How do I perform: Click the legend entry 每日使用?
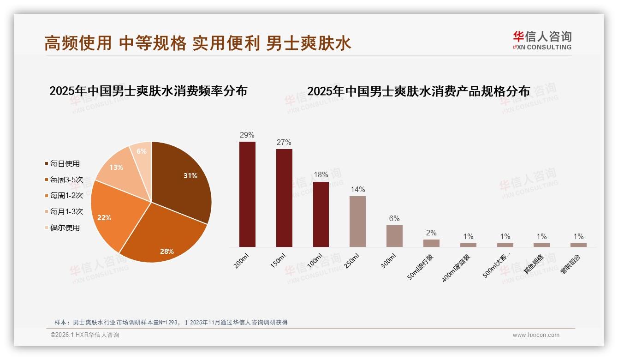[x=65, y=163]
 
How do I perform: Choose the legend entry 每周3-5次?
[x=66, y=180]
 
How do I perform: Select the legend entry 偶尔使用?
[x=65, y=228]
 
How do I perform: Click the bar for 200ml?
[x=247, y=194]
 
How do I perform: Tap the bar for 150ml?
[x=284, y=198]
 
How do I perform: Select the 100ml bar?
[x=321, y=214]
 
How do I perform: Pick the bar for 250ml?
[x=357, y=222]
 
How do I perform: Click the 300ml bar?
[x=394, y=236]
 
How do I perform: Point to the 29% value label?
[x=247, y=135]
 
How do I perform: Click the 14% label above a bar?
[x=357, y=190]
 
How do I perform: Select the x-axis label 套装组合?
[x=571, y=264]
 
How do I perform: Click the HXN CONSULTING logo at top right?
[x=542, y=40]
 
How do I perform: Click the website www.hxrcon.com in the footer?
[x=536, y=335]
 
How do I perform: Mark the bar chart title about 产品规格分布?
[x=418, y=91]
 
